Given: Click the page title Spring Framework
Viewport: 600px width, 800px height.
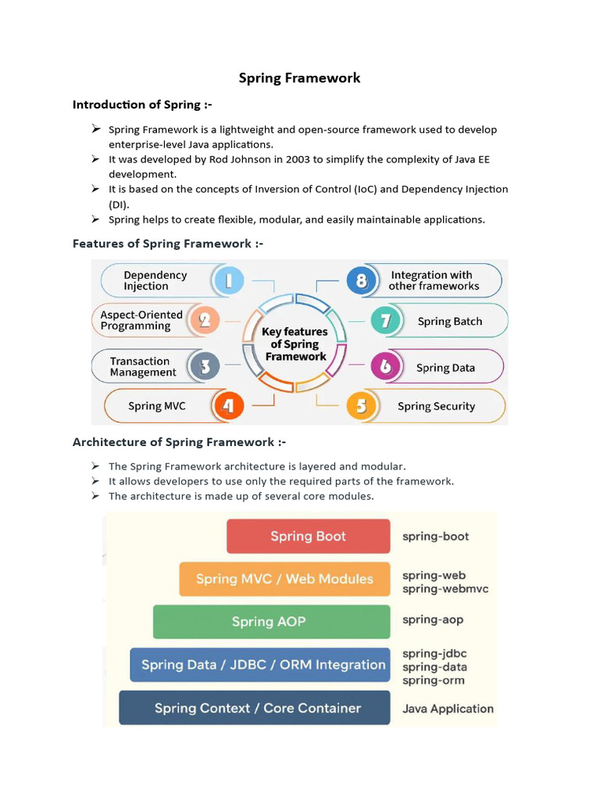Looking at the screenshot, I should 299,77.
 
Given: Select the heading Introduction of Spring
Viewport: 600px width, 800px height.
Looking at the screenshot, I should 142,104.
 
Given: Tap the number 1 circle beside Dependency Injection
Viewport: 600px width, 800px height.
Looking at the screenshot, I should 229,280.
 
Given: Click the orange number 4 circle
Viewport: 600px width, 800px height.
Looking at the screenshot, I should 227,406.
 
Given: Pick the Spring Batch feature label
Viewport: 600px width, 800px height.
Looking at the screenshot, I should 450,321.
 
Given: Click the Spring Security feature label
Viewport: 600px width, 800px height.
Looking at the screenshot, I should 436,406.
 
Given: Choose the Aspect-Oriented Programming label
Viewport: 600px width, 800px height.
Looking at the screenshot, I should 141,320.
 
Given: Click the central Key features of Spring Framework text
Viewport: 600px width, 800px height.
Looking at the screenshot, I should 295,344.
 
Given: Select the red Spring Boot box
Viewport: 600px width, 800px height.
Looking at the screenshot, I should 308,536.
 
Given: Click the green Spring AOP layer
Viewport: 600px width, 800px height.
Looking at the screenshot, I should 270,622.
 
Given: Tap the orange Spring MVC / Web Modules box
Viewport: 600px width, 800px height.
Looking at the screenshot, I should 284,579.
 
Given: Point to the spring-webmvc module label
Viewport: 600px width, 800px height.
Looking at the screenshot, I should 445,589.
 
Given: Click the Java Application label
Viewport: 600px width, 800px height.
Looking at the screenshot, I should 448,709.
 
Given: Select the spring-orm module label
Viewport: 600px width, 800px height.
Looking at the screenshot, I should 434,680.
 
